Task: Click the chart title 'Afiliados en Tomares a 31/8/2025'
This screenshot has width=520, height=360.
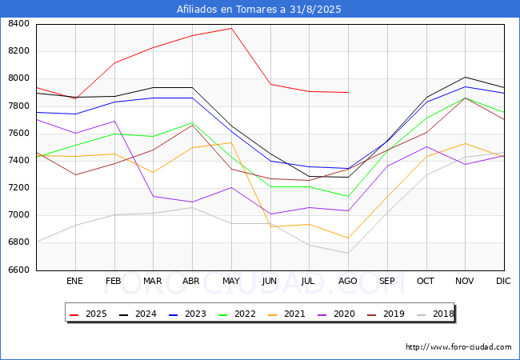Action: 260,10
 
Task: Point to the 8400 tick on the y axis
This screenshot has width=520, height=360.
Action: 18,24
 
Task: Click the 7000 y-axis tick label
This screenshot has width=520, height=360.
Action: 18,215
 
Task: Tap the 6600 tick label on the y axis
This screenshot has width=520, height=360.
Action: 18,270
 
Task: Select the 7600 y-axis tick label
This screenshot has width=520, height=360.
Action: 18,134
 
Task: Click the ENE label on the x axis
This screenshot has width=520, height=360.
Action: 74,282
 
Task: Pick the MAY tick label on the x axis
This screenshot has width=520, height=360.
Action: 230,282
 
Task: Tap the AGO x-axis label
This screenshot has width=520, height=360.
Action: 348,282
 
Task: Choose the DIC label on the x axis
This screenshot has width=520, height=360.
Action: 503,282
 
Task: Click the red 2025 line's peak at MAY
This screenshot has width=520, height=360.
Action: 231,28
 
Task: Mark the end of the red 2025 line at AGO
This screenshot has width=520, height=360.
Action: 348,92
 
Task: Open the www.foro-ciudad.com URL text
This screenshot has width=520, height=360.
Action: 458,347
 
